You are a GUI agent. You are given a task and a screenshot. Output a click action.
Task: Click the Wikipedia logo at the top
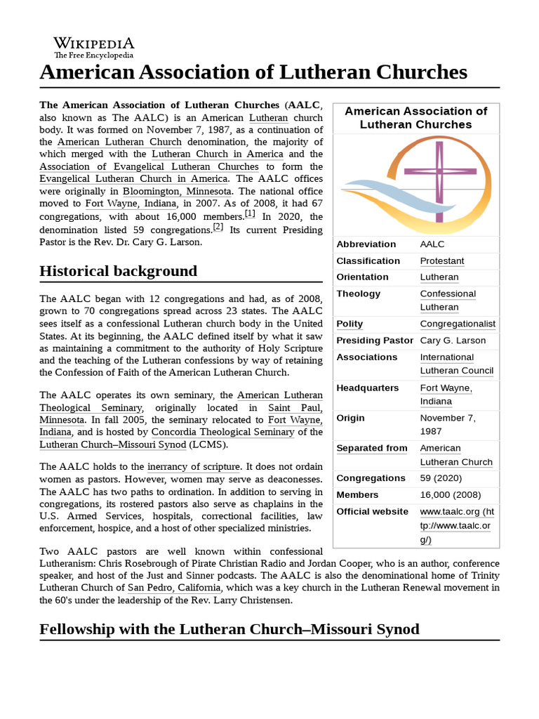(x=93, y=46)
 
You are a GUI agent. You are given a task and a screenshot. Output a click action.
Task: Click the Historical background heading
(x=119, y=271)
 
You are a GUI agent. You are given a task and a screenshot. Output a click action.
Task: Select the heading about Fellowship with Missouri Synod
(x=229, y=628)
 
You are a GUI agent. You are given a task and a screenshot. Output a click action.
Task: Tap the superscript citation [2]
(x=218, y=227)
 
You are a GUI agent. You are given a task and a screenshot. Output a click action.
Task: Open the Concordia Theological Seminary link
(x=224, y=431)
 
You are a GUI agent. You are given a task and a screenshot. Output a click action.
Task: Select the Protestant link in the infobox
(x=442, y=260)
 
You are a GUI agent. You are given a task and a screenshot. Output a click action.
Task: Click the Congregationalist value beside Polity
(x=458, y=324)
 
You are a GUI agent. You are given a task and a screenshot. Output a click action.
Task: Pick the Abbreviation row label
(x=366, y=244)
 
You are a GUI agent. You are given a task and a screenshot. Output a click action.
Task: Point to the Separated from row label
(x=372, y=448)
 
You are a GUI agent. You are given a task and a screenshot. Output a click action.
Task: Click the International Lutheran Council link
(x=457, y=364)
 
